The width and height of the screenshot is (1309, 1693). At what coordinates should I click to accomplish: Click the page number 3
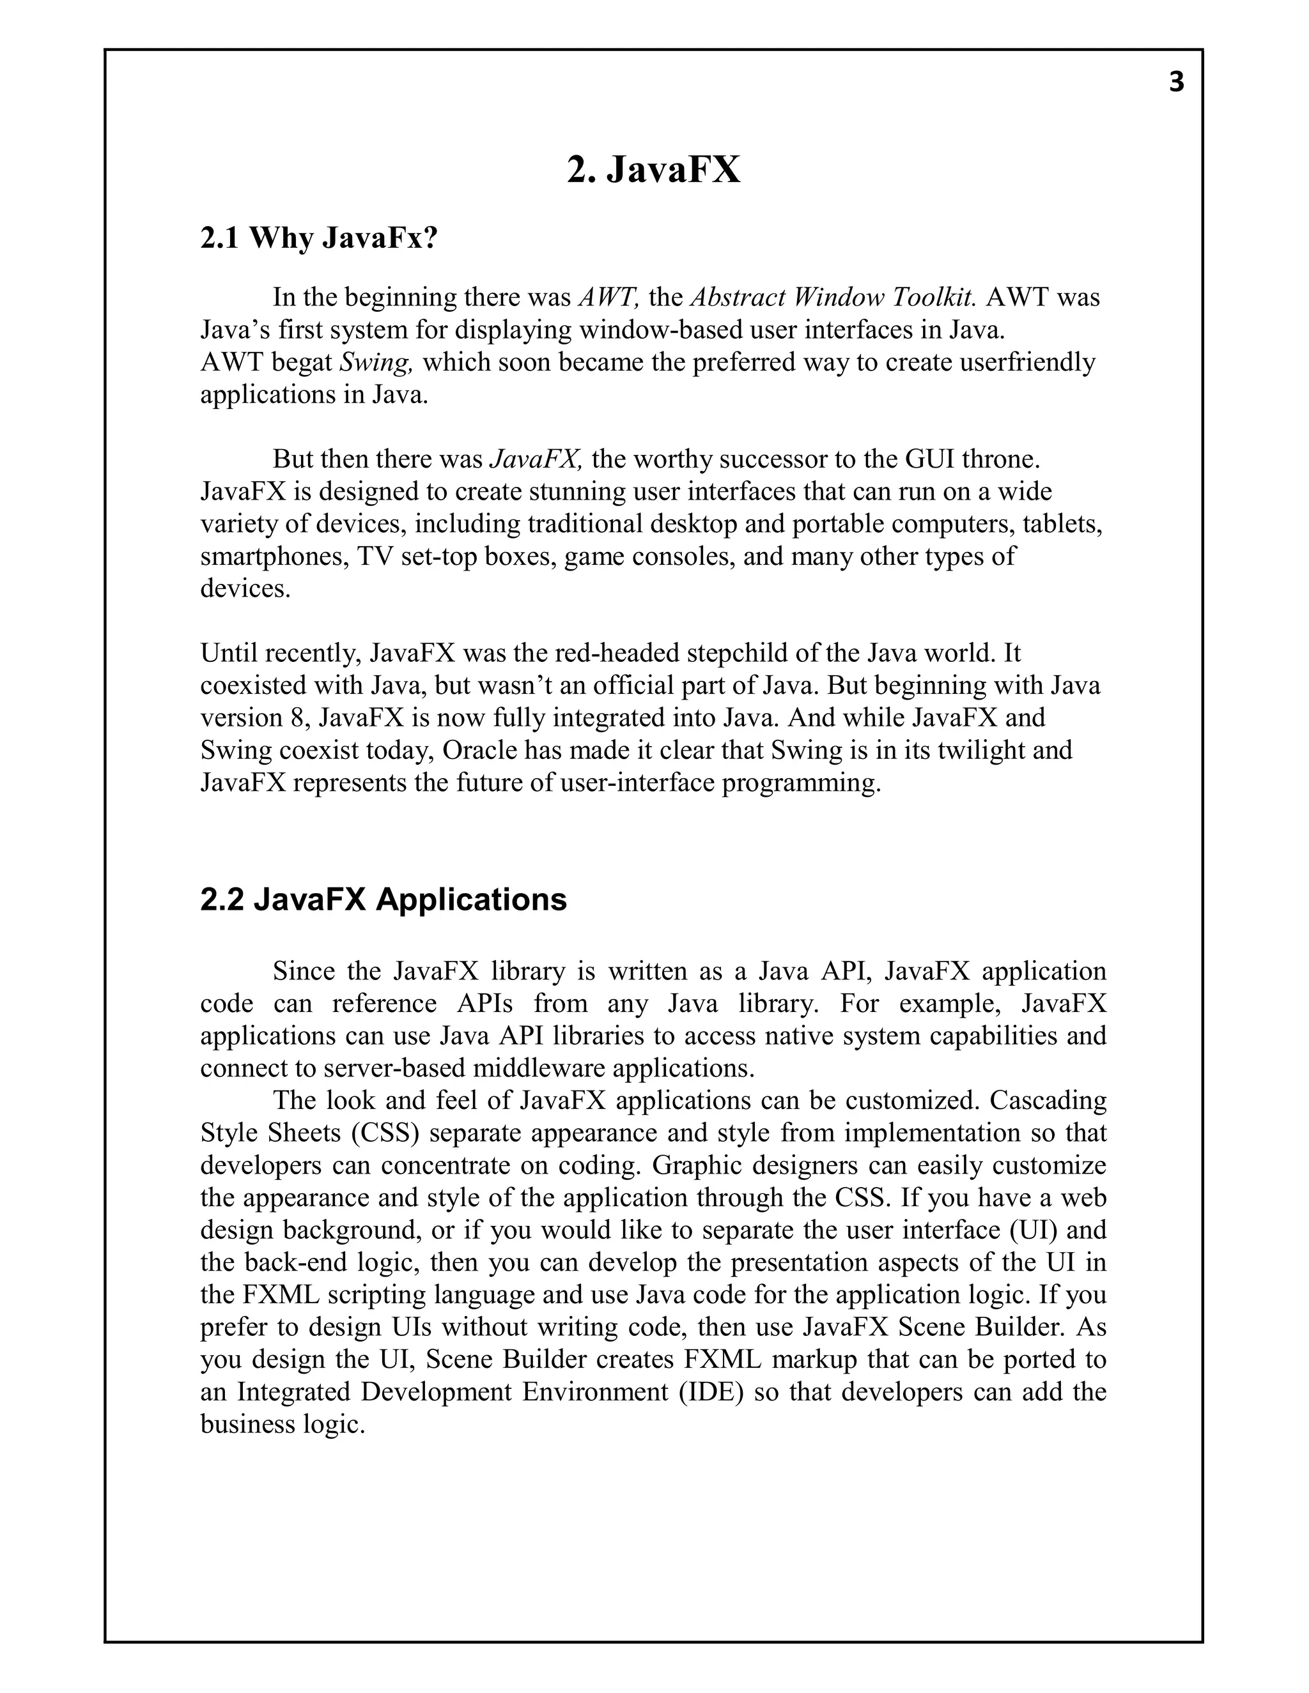(1177, 82)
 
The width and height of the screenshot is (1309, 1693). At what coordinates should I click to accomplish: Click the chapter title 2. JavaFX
(654, 170)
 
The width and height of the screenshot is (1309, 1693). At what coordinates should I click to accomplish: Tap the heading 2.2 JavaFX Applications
(383, 900)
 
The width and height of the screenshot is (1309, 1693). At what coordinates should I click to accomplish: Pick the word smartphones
(274, 556)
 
